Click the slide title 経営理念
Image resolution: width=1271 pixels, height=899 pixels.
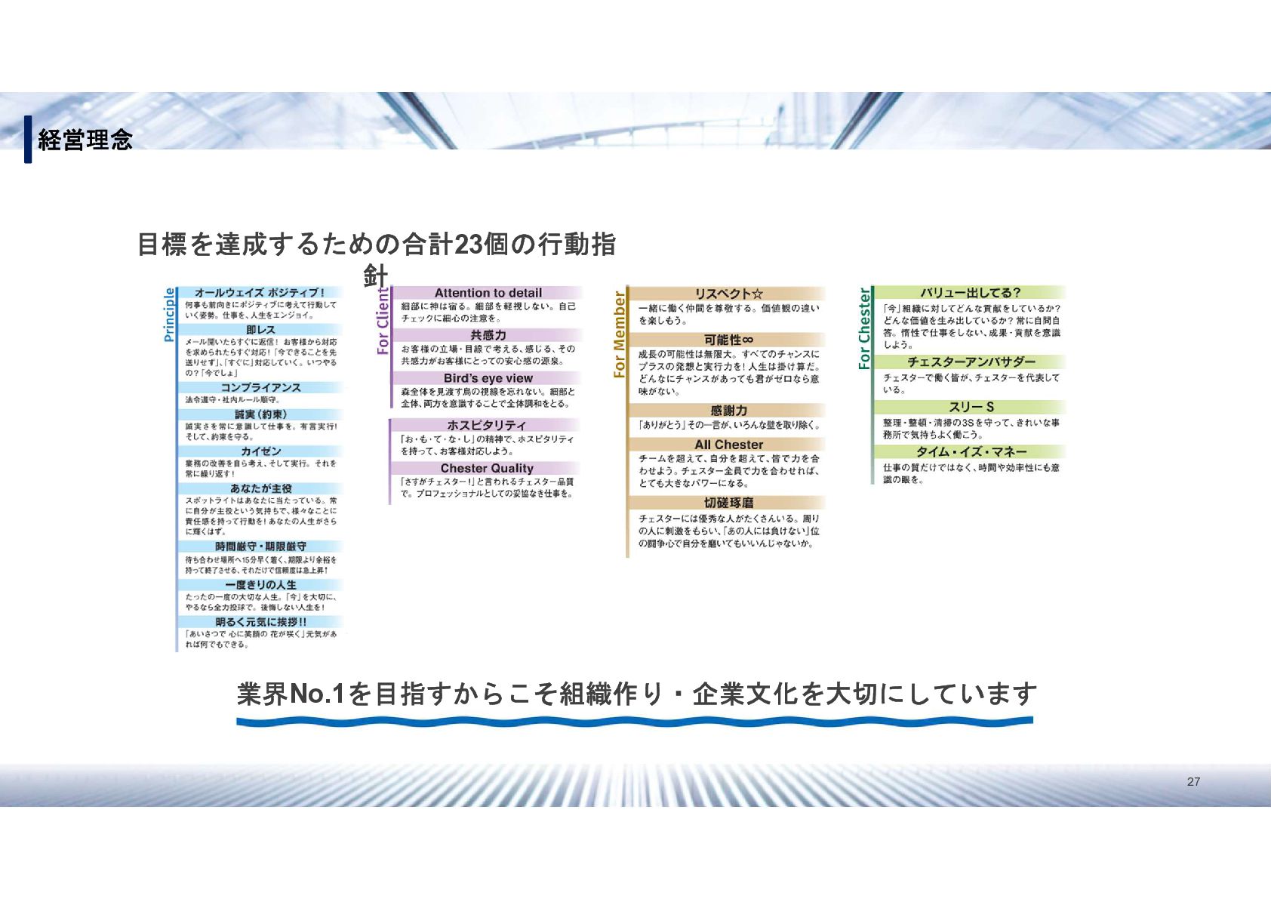(x=85, y=140)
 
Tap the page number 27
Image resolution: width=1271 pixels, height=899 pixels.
(x=1193, y=782)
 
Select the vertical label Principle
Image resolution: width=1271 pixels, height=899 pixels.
(x=170, y=315)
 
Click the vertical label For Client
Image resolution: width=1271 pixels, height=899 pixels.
(x=383, y=320)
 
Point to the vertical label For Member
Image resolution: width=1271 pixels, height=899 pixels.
(x=620, y=334)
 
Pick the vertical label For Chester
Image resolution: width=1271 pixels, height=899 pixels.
(x=864, y=329)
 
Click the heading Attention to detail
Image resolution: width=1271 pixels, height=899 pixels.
(x=488, y=293)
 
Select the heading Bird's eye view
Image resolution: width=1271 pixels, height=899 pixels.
(x=488, y=378)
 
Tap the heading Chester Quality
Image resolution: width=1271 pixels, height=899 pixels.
(x=487, y=469)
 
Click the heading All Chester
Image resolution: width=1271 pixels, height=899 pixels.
(x=728, y=445)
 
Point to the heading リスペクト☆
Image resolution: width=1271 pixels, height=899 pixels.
(x=728, y=294)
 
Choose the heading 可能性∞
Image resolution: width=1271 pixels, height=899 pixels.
(x=728, y=340)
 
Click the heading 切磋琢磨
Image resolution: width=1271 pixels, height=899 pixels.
(x=728, y=503)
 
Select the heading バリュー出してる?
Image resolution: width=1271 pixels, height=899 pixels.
(x=970, y=293)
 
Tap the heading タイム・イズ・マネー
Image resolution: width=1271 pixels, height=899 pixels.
(x=971, y=452)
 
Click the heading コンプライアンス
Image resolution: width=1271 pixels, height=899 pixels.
(x=260, y=387)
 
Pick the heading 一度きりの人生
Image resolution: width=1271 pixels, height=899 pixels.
(x=260, y=585)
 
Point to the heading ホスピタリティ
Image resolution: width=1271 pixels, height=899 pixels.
(x=487, y=426)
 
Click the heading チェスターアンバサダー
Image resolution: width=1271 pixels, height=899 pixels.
(x=971, y=362)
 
